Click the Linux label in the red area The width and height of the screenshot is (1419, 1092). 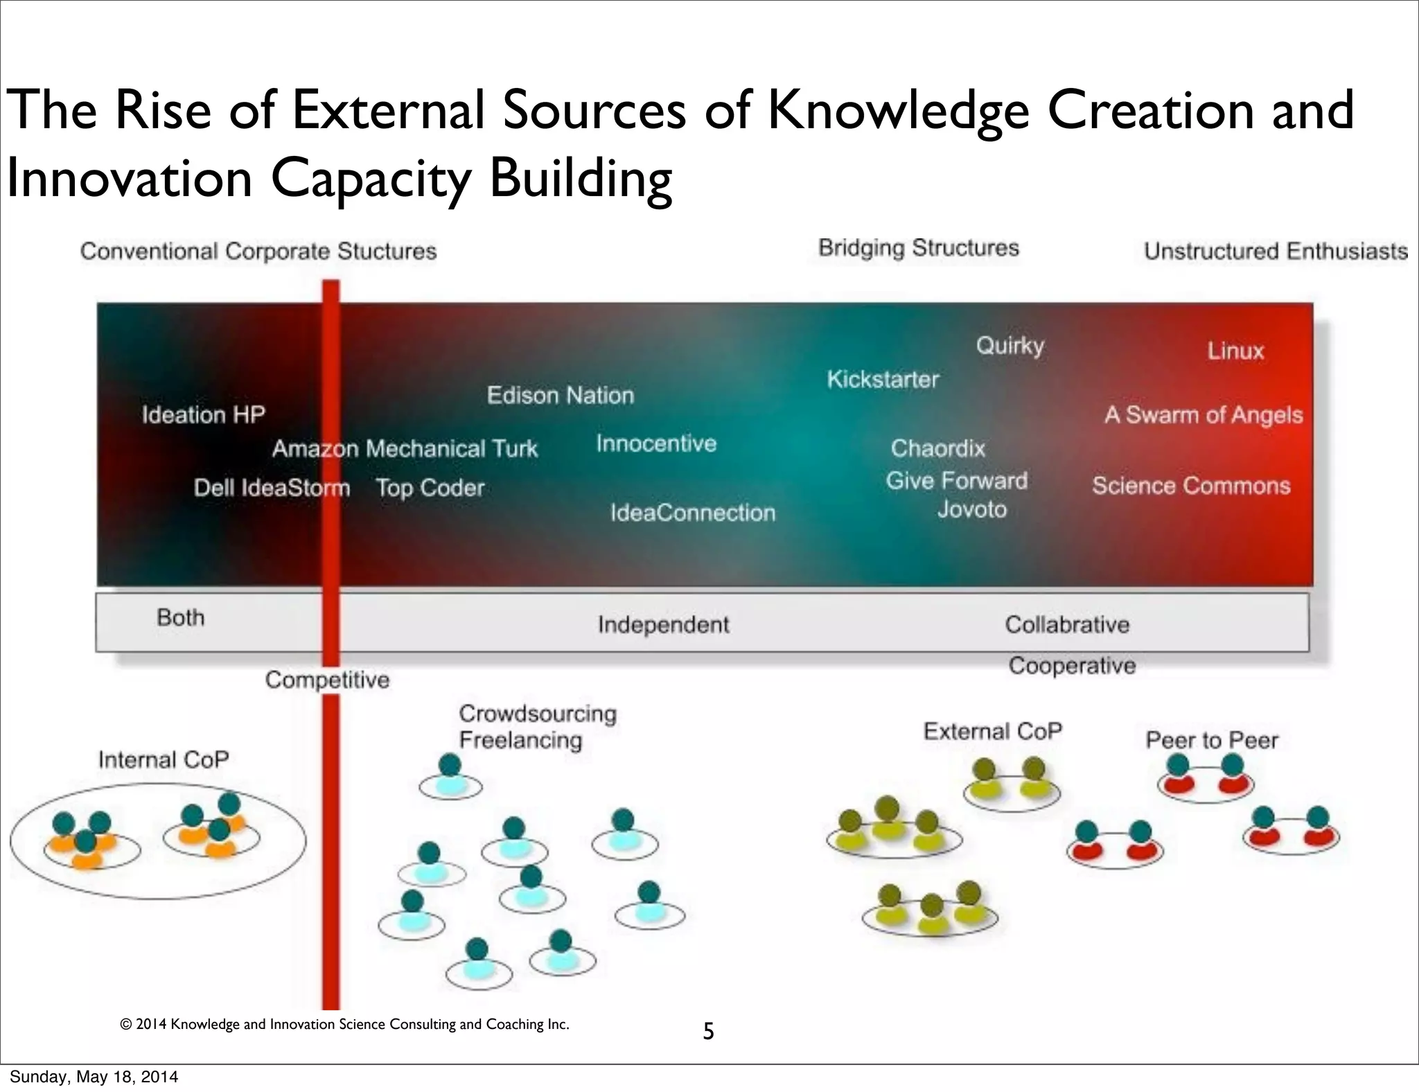pos(1235,351)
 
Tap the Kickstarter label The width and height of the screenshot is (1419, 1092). pos(883,380)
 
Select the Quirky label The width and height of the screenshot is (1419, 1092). pos(1010,345)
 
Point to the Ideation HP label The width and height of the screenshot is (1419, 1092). pos(204,414)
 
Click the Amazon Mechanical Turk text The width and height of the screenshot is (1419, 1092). pos(405,449)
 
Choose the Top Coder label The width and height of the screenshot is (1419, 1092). pos(430,488)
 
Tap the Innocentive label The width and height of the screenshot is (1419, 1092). pos(656,443)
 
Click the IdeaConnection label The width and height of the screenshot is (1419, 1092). pos(692,513)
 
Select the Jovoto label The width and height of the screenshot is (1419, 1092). pos(971,509)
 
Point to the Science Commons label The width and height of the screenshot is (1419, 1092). pos(1191,486)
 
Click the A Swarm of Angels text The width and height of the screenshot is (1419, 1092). pos(1204,415)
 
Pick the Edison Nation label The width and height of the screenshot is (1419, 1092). pos(560,396)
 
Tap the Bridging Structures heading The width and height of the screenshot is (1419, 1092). pos(919,248)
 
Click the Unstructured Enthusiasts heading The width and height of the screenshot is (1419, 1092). pos(1276,251)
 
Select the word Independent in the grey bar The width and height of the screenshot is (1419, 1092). pos(663,625)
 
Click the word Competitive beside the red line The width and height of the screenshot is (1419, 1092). pos(327,680)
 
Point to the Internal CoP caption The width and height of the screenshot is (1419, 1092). pos(164,760)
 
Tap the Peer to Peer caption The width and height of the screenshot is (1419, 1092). pos(1211,740)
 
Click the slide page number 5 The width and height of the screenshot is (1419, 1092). pos(708,1032)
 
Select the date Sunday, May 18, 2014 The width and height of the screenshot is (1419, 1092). pos(94,1077)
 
